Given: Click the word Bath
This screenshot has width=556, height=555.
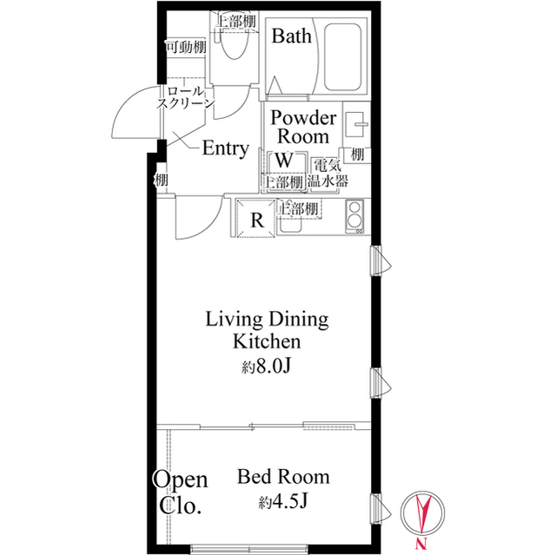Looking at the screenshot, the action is pyautogui.click(x=292, y=36).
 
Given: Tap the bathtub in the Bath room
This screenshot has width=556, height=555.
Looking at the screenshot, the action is pyautogui.click(x=342, y=57).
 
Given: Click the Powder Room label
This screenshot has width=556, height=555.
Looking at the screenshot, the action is pyautogui.click(x=303, y=127).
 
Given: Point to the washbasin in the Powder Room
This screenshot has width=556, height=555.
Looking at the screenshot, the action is pyautogui.click(x=355, y=124).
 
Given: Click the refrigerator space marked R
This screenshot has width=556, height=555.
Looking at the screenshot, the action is pyautogui.click(x=256, y=219).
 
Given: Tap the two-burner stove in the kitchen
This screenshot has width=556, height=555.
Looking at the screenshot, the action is pyautogui.click(x=354, y=216).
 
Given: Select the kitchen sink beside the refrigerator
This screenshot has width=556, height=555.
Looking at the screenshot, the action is pyautogui.click(x=289, y=224).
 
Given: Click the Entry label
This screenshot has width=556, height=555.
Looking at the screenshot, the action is pyautogui.click(x=226, y=149).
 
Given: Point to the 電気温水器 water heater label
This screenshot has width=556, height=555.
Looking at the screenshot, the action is pyautogui.click(x=327, y=174).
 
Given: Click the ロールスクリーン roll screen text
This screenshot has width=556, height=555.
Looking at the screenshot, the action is pyautogui.click(x=186, y=97).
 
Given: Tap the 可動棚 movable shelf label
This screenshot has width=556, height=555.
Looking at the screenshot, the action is pyautogui.click(x=186, y=47).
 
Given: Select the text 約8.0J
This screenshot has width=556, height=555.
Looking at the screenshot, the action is pyautogui.click(x=267, y=367).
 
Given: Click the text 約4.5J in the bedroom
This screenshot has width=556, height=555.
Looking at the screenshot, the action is pyautogui.click(x=283, y=502).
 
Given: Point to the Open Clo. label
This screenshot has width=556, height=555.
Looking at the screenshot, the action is pyautogui.click(x=180, y=492).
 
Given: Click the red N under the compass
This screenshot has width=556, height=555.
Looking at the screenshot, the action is pyautogui.click(x=421, y=542).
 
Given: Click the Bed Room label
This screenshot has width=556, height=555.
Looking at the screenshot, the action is pyautogui.click(x=283, y=477).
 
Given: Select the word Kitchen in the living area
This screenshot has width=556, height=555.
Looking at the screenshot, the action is pyautogui.click(x=267, y=341).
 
